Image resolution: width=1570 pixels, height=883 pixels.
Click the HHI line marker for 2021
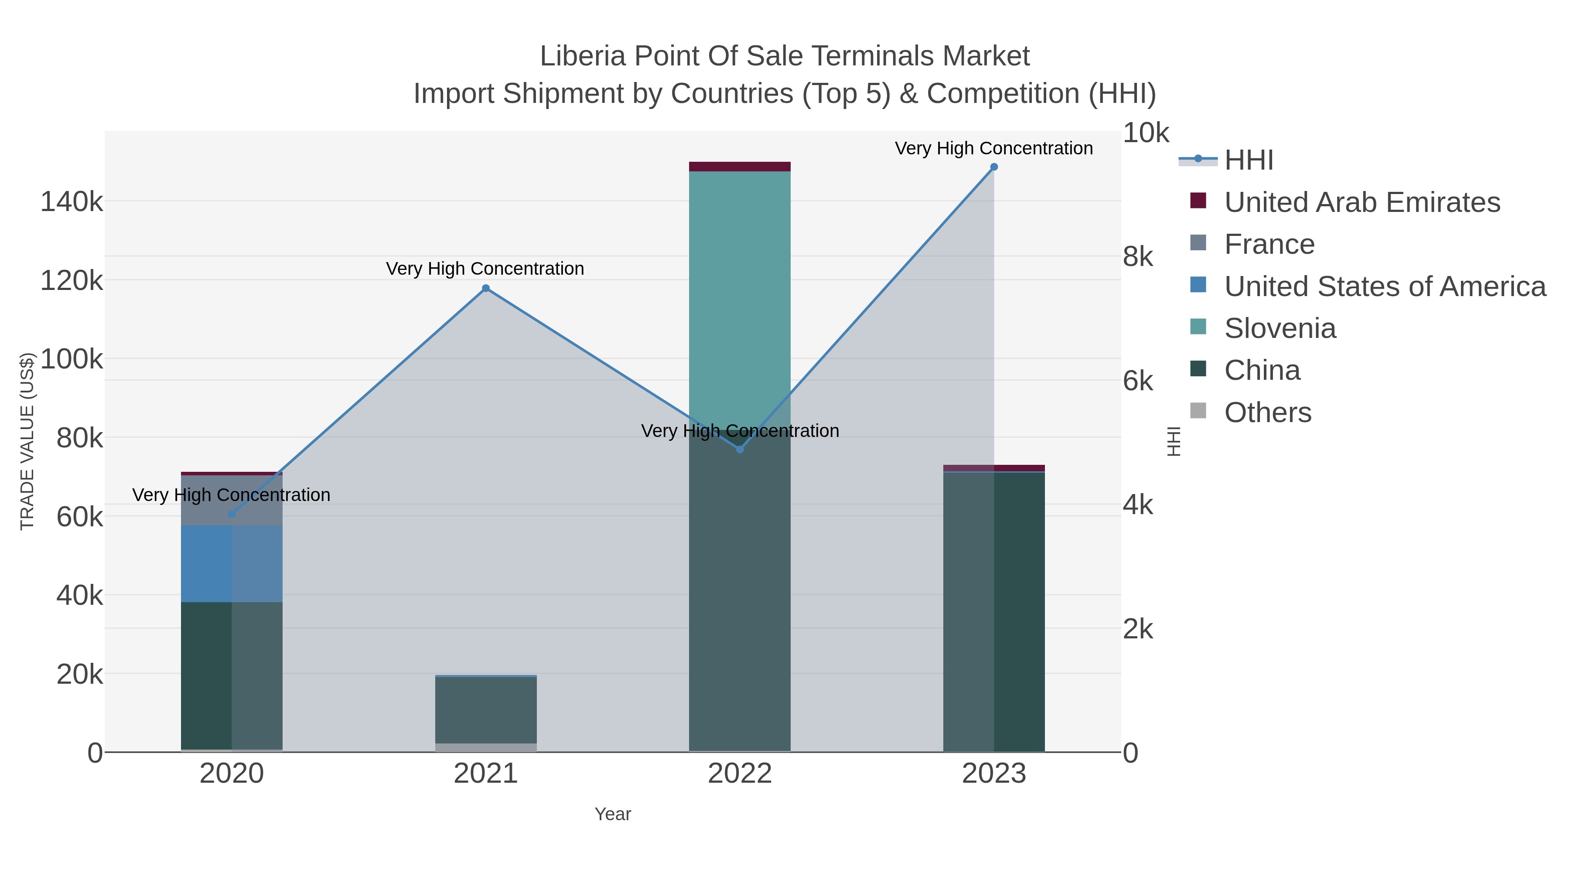point(486,288)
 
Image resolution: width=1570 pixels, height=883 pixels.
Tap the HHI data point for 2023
point(993,167)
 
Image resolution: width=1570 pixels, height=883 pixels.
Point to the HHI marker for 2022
point(740,450)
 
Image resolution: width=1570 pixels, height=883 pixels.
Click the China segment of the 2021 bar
point(486,710)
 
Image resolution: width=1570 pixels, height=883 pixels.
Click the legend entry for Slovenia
point(1280,328)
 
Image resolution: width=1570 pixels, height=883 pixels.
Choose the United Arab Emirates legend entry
point(1362,202)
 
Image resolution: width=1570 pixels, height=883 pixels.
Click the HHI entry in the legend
point(1248,160)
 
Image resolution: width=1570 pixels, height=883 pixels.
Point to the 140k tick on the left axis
point(72,202)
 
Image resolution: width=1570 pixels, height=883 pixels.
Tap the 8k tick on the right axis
point(1138,256)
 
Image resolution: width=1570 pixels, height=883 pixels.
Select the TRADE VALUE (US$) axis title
point(27,441)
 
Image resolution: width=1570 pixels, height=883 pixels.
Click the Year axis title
point(613,814)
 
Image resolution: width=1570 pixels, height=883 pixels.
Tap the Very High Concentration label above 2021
point(485,269)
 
